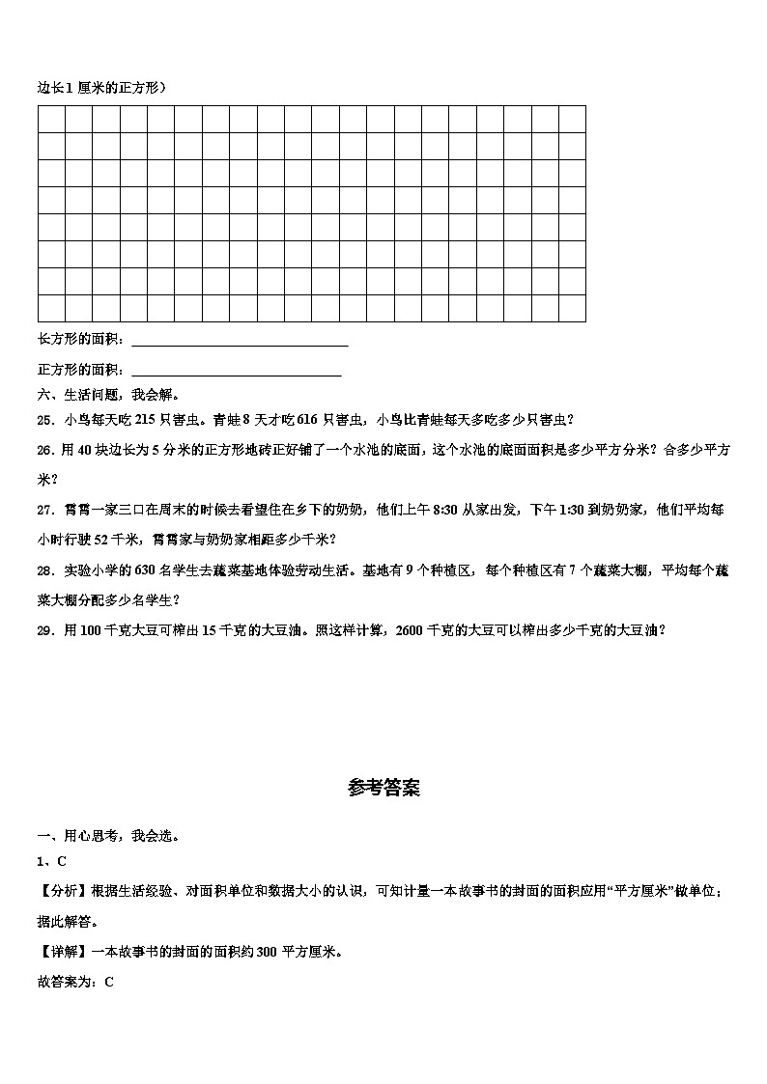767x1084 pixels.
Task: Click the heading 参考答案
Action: (383, 788)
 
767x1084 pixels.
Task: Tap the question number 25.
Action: (44, 419)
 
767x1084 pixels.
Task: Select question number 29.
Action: (44, 630)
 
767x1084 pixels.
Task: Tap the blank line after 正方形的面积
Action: (236, 370)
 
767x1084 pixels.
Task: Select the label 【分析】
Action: (60, 892)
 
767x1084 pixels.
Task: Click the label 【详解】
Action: (60, 951)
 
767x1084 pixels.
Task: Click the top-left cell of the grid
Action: (51, 119)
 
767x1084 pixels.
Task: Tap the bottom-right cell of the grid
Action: (573, 308)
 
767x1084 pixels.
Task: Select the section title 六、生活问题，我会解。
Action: (108, 394)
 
